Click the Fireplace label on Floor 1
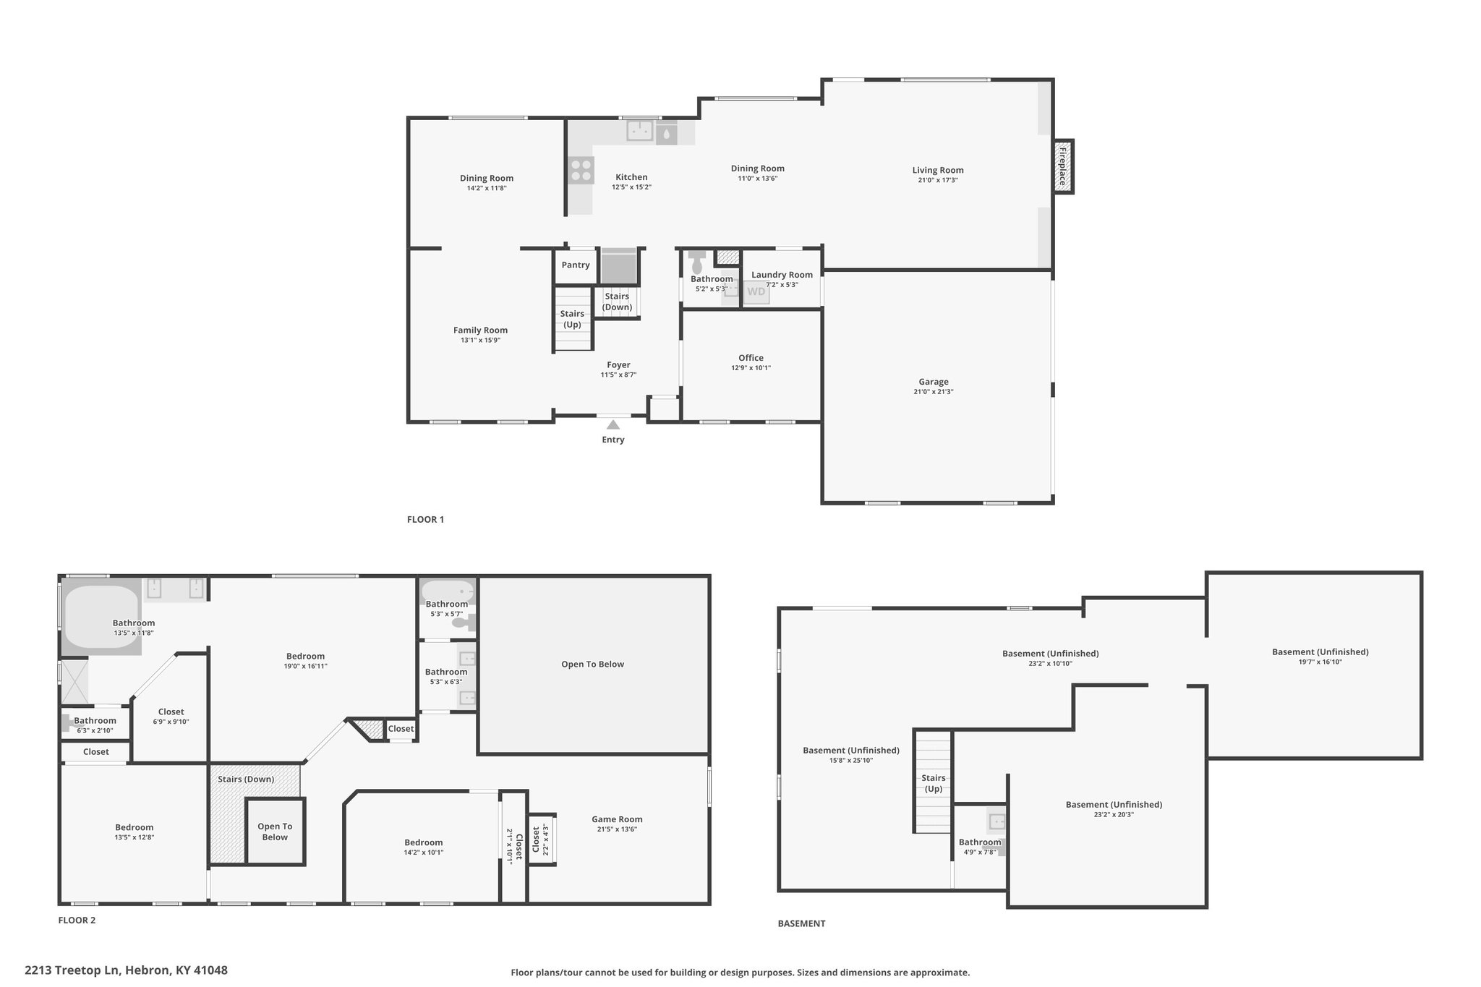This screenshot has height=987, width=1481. click(x=1062, y=167)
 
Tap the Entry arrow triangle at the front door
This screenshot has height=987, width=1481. click(x=613, y=424)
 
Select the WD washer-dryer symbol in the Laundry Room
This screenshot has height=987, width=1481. click(x=756, y=292)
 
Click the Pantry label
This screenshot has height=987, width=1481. click(x=576, y=265)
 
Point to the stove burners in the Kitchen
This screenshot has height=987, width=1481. click(x=581, y=171)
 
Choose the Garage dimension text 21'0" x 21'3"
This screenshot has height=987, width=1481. click(x=934, y=392)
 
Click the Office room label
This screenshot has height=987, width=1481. click(x=751, y=358)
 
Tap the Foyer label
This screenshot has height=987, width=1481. click(x=618, y=365)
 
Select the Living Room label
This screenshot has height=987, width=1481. click(x=938, y=170)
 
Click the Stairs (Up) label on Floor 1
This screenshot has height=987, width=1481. click(x=572, y=319)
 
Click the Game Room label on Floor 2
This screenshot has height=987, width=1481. click(x=617, y=819)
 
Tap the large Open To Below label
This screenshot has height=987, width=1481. click(x=592, y=664)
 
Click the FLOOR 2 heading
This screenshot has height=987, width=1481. click(x=77, y=920)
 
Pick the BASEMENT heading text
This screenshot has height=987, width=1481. click(x=801, y=923)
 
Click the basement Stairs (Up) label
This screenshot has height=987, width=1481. click(x=934, y=783)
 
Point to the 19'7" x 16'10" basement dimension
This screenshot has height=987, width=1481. click(x=1320, y=662)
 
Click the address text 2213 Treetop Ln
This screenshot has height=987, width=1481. click(x=72, y=970)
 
